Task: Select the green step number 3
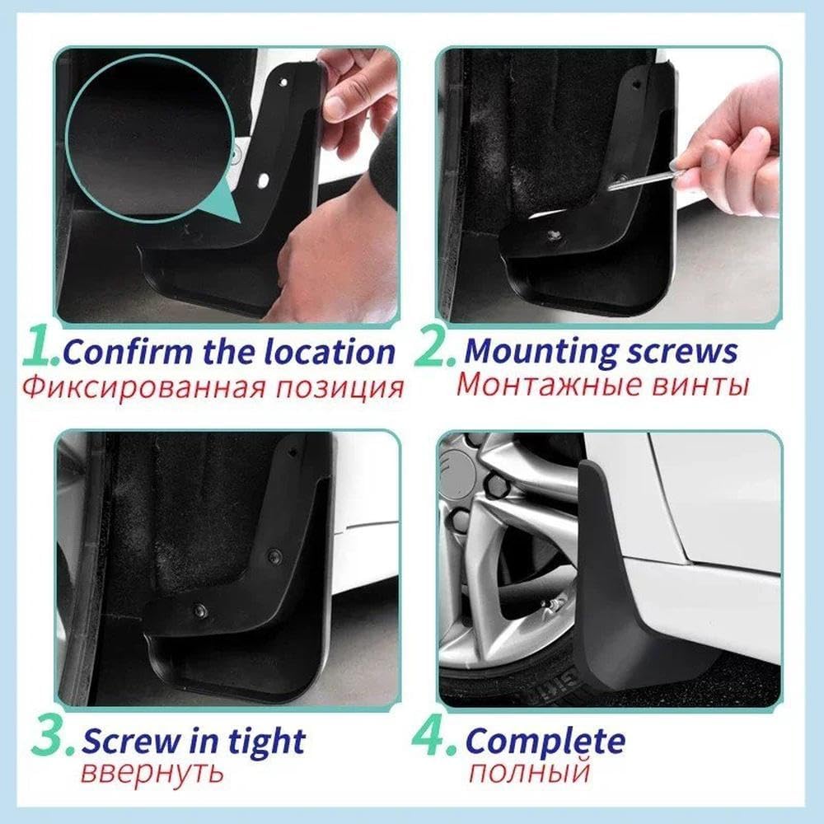click(x=53, y=738)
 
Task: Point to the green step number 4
click(x=434, y=738)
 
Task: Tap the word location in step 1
click(x=330, y=353)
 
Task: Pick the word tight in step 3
click(x=264, y=742)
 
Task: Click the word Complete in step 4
click(x=545, y=741)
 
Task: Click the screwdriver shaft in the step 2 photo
click(x=639, y=181)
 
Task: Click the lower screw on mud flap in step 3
click(x=199, y=611)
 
